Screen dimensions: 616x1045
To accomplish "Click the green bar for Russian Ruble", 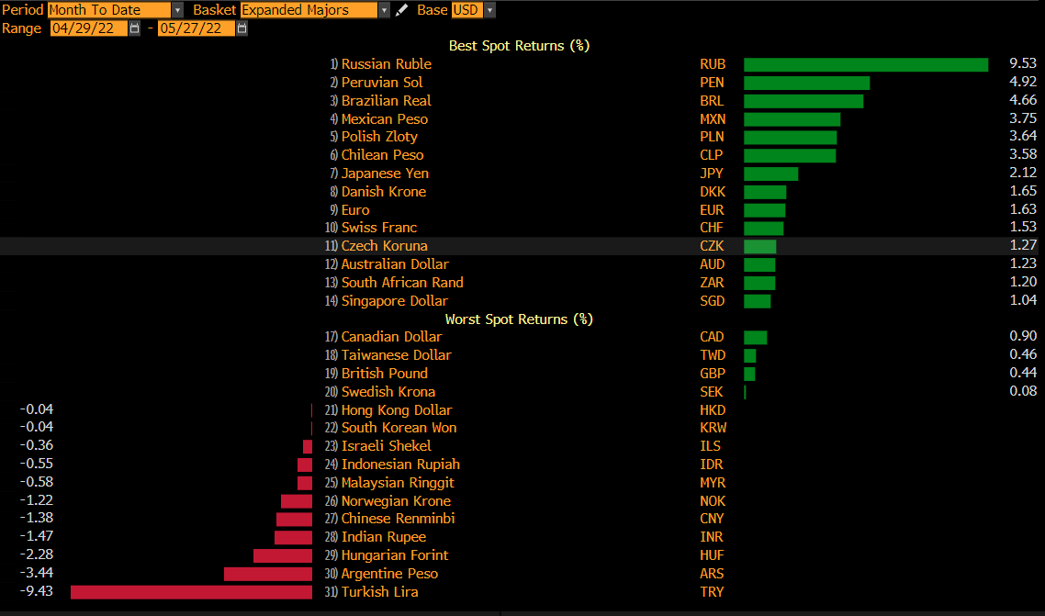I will pyautogui.click(x=865, y=64).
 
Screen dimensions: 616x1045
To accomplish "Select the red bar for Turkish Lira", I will pyautogui.click(x=191, y=592).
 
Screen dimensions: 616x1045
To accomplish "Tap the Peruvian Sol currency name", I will pyautogui.click(x=382, y=83).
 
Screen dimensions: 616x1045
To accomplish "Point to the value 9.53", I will pyautogui.click(x=1023, y=64).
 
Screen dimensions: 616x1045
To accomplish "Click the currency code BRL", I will pyautogui.click(x=712, y=101).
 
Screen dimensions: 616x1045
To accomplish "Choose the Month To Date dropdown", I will pyautogui.click(x=115, y=10).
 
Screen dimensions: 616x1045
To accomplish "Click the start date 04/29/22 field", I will pyautogui.click(x=89, y=28).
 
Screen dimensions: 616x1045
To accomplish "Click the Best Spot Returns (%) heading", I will pyautogui.click(x=519, y=46).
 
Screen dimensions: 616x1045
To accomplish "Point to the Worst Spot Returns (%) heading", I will pyautogui.click(x=519, y=319).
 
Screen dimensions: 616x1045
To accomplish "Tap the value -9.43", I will pyautogui.click(x=37, y=592).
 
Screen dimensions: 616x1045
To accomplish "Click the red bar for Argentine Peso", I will pyautogui.click(x=267, y=574).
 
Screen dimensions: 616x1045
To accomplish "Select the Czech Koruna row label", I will pyautogui.click(x=384, y=246).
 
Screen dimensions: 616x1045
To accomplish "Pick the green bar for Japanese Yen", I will pyautogui.click(x=770, y=174).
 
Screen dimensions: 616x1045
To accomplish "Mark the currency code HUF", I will pyautogui.click(x=712, y=555).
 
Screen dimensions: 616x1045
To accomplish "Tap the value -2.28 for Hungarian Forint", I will pyautogui.click(x=37, y=555).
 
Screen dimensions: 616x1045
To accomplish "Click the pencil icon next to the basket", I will pyautogui.click(x=401, y=10).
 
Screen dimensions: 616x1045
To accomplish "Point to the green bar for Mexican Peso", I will pyautogui.click(x=792, y=119).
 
